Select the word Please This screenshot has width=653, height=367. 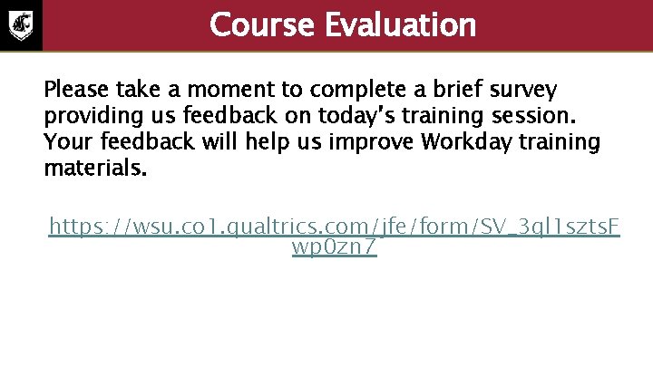[76, 91]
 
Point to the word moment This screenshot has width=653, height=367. [257, 91]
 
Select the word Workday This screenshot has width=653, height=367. [461, 142]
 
